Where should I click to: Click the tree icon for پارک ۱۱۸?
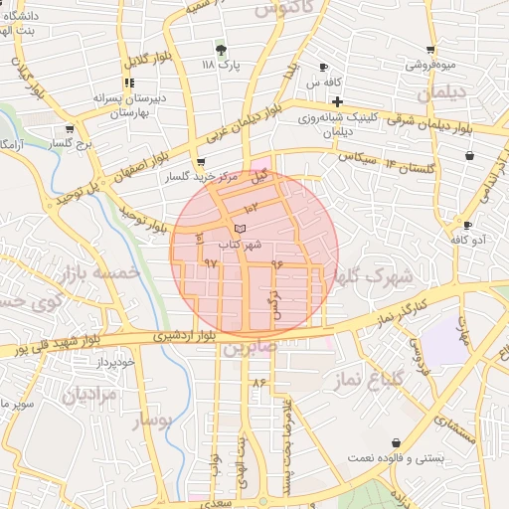[x=221, y=49]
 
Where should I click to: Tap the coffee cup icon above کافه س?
[x=323, y=67]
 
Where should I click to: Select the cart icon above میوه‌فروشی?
[x=430, y=49]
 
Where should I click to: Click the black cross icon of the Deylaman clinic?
[x=338, y=101]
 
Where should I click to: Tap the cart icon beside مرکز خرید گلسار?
[x=202, y=162]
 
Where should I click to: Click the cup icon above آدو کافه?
[x=467, y=225]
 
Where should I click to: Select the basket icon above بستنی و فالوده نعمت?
[x=397, y=442]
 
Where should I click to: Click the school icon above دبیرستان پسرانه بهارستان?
[x=127, y=83]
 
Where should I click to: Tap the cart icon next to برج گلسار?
[x=70, y=129]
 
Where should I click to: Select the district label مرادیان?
[x=90, y=395]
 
